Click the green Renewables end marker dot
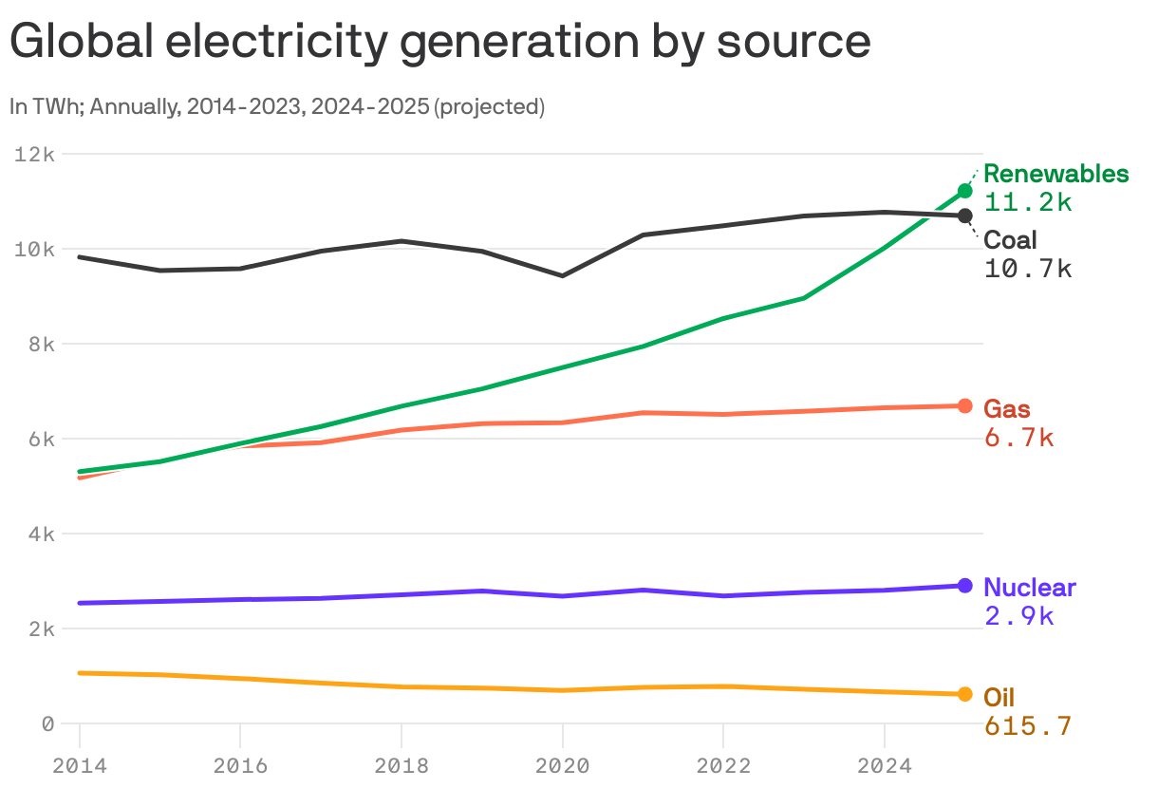[x=964, y=191]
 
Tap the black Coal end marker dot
[x=964, y=216]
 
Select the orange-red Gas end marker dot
[x=964, y=405]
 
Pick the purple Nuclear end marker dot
[x=964, y=586]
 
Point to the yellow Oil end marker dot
[x=964, y=694]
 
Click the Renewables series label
[x=1055, y=174]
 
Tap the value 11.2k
[x=1028, y=202]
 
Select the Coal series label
[x=1010, y=240]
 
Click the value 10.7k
[x=1028, y=269]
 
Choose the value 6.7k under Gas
[x=1018, y=438]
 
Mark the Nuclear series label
[x=1030, y=587]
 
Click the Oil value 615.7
[x=1028, y=726]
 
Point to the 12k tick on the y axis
[x=35, y=154]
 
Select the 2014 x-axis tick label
[x=80, y=764]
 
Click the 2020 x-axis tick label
[x=563, y=764]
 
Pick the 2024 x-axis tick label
[x=885, y=764]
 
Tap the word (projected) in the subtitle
[x=489, y=106]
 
